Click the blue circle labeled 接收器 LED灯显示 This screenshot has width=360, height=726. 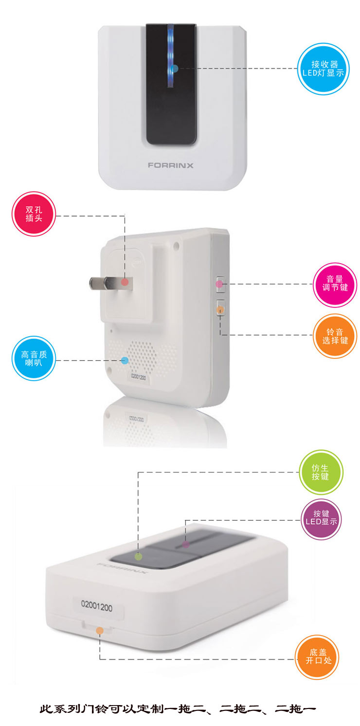tap(324, 69)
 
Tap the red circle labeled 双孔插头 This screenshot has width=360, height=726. tap(34, 214)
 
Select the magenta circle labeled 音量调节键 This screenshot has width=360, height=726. tap(335, 285)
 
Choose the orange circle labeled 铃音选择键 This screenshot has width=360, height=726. tap(335, 336)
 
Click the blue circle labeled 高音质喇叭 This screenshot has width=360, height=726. tap(34, 358)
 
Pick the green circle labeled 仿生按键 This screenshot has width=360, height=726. tap(321, 472)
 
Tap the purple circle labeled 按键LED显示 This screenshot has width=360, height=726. tap(321, 517)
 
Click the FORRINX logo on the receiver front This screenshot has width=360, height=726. tap(171, 165)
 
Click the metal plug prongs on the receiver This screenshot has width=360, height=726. tap(110, 283)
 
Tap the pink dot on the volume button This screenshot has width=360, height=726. tap(219, 284)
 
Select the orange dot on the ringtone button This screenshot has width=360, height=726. tap(220, 310)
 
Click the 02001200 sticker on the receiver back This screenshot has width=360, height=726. tap(139, 377)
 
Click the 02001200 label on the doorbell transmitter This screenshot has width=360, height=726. tap(97, 605)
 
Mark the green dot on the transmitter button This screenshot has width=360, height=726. tap(138, 556)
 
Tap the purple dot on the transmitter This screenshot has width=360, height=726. tap(185, 544)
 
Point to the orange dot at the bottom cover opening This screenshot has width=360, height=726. tap(100, 630)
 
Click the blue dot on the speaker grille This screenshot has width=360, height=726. tap(125, 360)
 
